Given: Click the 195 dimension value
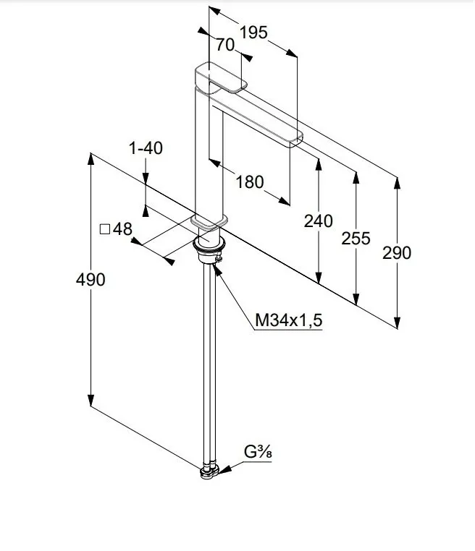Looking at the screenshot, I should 253,33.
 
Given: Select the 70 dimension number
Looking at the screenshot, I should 225,45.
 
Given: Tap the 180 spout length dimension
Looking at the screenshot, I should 251,182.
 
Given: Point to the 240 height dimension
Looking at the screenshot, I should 319,221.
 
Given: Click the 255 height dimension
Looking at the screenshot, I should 356,238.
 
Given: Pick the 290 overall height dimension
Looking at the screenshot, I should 397,252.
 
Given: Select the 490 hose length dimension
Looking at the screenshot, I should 91,279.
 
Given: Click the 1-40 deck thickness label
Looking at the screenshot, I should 146,148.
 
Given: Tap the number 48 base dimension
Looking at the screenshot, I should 123,229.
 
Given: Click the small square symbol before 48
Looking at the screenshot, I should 104,229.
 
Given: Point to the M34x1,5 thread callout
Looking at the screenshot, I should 288,320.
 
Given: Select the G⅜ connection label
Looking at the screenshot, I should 256,453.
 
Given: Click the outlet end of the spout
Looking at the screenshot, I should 294,140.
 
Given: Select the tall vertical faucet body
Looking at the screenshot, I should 206,152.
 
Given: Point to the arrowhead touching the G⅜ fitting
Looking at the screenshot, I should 225,469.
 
